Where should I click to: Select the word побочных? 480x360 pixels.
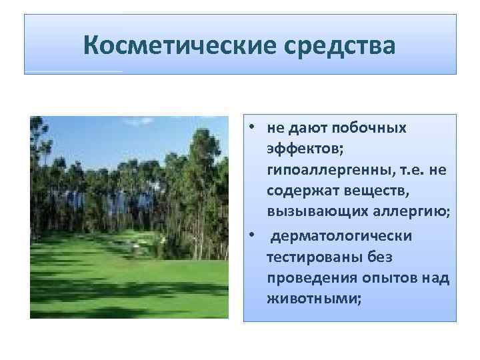tap(371, 127)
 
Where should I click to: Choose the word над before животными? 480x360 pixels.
tap(436, 278)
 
